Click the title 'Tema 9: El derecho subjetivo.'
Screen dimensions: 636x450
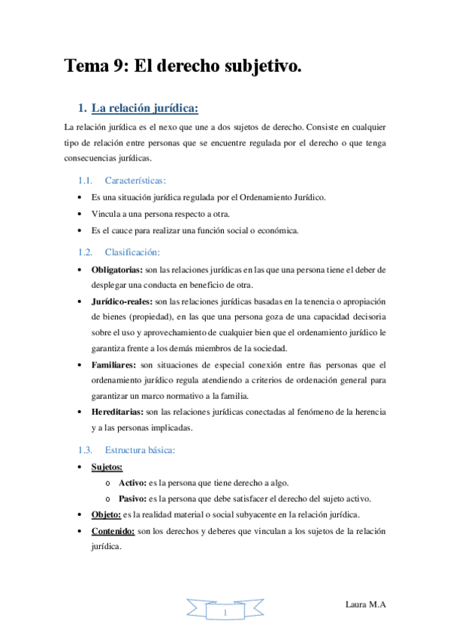183,67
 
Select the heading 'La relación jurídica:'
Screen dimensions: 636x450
149,109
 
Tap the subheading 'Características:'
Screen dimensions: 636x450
136,181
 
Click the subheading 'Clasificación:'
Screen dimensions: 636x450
132,252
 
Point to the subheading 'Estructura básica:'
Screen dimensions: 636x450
140,450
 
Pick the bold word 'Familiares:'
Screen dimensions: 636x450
113,364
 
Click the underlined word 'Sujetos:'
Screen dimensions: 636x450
107,467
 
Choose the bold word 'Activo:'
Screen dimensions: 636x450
134,483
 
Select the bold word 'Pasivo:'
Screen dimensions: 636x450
133,499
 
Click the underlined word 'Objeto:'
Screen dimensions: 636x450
106,514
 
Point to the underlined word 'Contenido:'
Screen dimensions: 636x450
113,531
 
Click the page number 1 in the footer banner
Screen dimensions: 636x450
225,613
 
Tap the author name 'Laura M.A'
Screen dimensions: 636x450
366,604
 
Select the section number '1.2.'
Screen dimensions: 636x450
85,252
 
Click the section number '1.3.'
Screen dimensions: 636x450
85,450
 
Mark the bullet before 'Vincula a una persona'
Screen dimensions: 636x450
81,214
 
